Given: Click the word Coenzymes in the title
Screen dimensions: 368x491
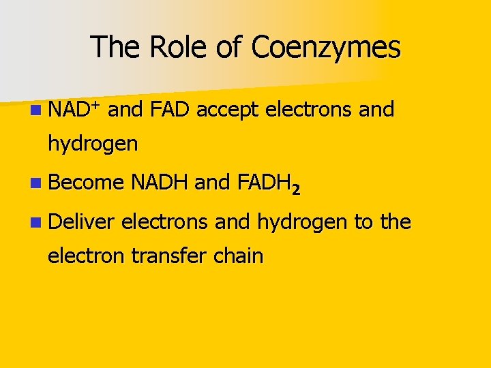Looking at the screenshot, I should click(x=326, y=47).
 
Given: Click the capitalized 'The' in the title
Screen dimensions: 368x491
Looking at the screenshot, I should click(x=117, y=47).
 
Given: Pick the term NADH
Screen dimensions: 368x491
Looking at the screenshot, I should click(x=160, y=183).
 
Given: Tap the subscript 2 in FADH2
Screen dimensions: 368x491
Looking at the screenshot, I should click(x=295, y=189).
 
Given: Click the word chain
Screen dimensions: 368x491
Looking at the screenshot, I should click(x=238, y=256).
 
